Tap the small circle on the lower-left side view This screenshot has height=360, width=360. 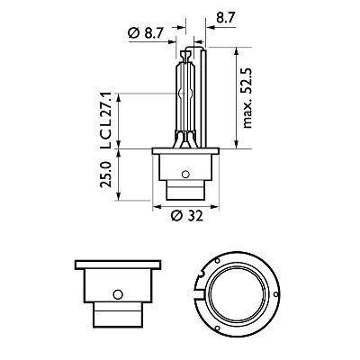(116, 295)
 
